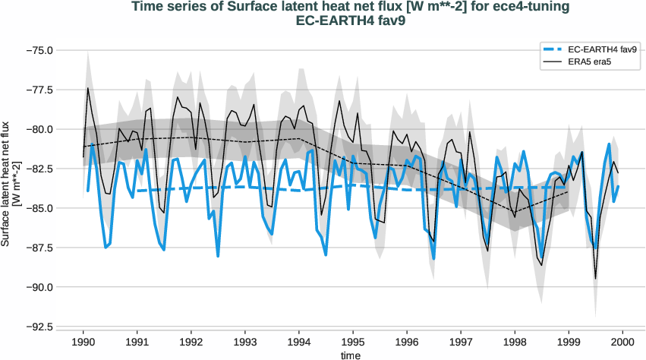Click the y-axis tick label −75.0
39,50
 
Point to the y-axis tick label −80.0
39,129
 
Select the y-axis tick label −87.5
39,248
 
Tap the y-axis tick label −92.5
39,327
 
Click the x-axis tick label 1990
84,342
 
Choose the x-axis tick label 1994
299,342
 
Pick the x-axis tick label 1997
461,342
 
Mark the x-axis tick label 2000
622,342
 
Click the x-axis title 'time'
351,355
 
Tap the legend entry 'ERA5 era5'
590,62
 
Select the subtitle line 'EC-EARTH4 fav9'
351,21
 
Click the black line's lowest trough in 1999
595,279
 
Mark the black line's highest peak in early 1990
88,88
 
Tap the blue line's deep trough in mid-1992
218,256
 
